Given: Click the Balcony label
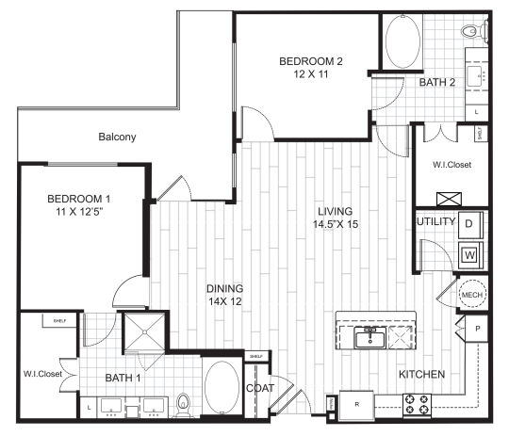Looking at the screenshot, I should point(118,137).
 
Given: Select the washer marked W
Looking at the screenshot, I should point(468,254).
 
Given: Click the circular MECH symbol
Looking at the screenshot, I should point(471,296).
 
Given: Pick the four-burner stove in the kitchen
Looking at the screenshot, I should point(417,405).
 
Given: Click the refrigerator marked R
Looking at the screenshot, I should point(357,404).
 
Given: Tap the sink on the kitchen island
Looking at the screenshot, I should point(368,335).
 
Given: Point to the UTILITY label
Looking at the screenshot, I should point(435,222).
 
